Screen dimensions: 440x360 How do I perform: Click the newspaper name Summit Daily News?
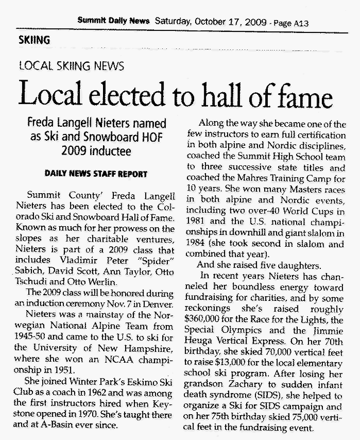(113, 21)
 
